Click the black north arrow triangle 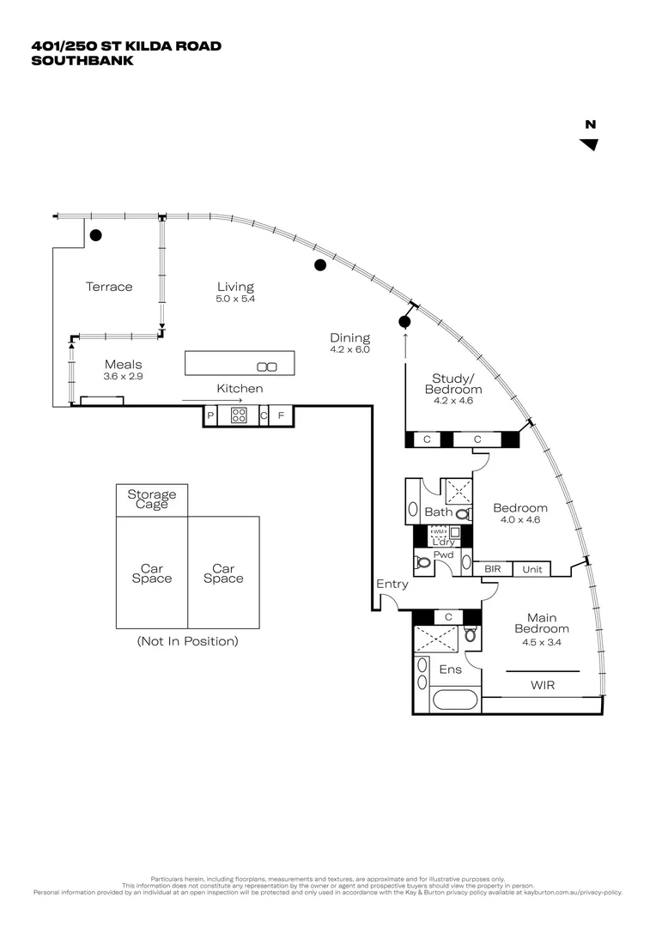coord(589,144)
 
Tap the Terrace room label coord(109,287)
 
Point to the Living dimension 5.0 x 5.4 coord(235,300)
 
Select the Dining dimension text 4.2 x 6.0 coord(349,350)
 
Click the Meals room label coord(123,364)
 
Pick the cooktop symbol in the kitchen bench coord(240,416)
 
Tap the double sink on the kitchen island coord(267,367)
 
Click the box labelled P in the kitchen coord(210,416)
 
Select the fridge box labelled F coord(281,416)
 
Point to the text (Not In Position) coord(187,641)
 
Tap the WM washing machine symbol coord(438,533)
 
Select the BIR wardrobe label coord(493,569)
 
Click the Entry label coord(392,585)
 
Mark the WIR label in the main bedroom coord(543,685)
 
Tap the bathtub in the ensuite coord(454,700)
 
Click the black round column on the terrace coord(96,234)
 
